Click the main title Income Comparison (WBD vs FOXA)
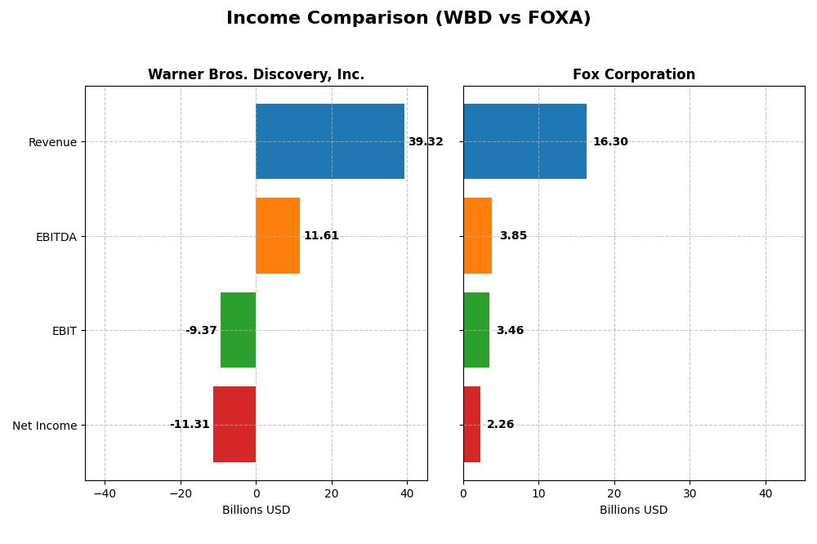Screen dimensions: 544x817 click(x=408, y=18)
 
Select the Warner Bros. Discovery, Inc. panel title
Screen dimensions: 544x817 click(x=256, y=75)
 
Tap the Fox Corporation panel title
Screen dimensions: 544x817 click(x=633, y=75)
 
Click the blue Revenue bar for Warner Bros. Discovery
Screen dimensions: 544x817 click(x=330, y=141)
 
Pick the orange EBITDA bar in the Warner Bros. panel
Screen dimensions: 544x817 click(x=278, y=235)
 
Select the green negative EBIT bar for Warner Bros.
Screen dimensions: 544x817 click(x=238, y=330)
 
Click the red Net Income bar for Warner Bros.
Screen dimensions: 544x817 click(x=234, y=424)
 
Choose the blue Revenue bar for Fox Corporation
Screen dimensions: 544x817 click(x=525, y=141)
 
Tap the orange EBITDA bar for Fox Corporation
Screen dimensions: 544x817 click(x=477, y=235)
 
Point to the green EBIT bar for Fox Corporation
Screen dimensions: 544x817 click(x=476, y=330)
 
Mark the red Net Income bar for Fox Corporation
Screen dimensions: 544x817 click(x=471, y=424)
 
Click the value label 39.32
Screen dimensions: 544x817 click(x=426, y=142)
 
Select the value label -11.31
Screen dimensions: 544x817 click(x=190, y=425)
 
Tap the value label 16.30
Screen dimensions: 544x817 click(x=610, y=142)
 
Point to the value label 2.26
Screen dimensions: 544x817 click(x=501, y=425)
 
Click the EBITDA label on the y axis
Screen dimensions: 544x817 click(x=56, y=237)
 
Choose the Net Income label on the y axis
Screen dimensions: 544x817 click(x=45, y=426)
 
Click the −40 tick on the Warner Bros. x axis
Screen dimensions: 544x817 click(x=105, y=493)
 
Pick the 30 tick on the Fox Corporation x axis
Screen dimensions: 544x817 click(x=690, y=493)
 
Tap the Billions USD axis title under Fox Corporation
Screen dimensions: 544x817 click(x=633, y=511)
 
